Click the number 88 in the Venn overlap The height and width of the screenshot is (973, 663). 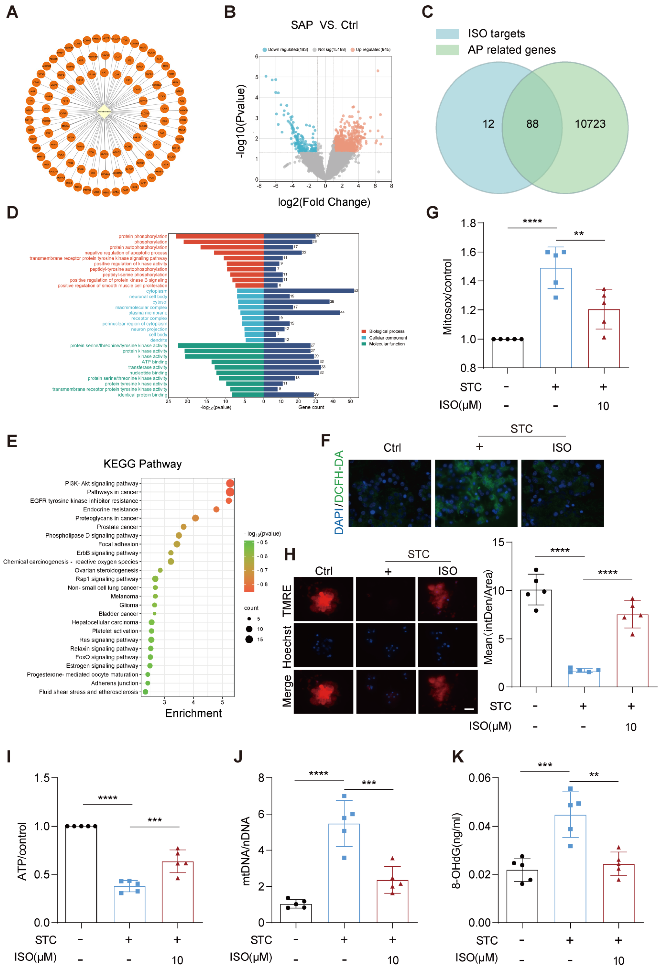click(x=532, y=124)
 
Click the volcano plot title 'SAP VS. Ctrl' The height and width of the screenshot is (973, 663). click(x=324, y=25)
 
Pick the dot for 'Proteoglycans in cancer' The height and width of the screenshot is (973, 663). click(x=195, y=518)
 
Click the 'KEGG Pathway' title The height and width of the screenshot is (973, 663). click(x=142, y=464)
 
